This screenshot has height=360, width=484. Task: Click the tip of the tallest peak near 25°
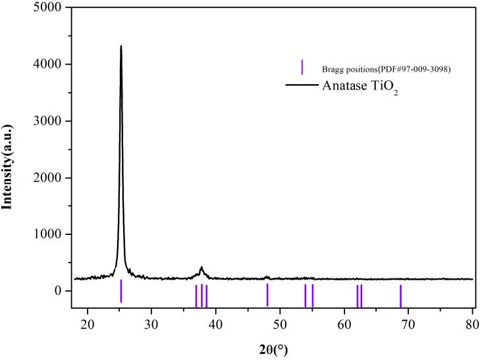pyautogui.click(x=121, y=46)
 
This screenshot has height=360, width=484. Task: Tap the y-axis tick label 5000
pyautogui.click(x=49, y=8)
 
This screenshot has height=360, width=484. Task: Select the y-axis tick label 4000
pyautogui.click(x=49, y=64)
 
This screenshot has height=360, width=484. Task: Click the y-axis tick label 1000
pyautogui.click(x=49, y=234)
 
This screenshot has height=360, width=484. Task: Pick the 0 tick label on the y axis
pyautogui.click(x=58, y=291)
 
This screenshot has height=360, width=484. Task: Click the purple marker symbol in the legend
pyautogui.click(x=302, y=67)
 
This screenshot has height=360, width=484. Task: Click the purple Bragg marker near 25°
pyautogui.click(x=121, y=291)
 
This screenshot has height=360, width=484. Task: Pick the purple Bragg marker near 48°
pyautogui.click(x=267, y=294)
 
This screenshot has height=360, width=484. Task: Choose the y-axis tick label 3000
pyautogui.click(x=49, y=121)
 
